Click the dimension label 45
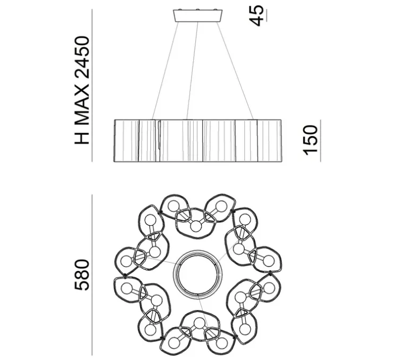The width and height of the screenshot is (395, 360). point(257,15)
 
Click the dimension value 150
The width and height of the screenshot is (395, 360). point(310,140)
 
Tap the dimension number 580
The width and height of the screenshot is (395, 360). point(82,275)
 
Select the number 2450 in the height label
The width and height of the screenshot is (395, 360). point(82,57)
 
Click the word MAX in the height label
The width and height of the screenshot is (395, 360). point(82,105)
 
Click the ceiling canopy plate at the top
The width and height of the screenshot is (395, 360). point(197,16)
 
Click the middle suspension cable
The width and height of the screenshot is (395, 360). point(192,71)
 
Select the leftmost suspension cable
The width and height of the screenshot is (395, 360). point(165,71)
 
